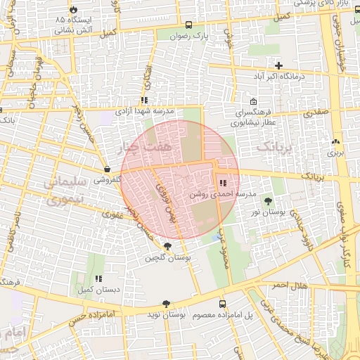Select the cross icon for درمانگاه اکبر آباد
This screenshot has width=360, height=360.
click(x=279, y=65)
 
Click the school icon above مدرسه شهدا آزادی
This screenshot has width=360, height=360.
click(x=144, y=101)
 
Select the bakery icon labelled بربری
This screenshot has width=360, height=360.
click(x=335, y=141)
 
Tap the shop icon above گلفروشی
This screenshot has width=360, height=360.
click(x=106, y=169)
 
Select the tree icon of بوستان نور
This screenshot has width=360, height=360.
click(x=269, y=202)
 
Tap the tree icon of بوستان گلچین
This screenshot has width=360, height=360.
click(x=167, y=246)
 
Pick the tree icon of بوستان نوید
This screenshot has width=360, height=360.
click(x=165, y=304)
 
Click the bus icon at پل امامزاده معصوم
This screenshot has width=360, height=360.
click(x=223, y=304)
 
